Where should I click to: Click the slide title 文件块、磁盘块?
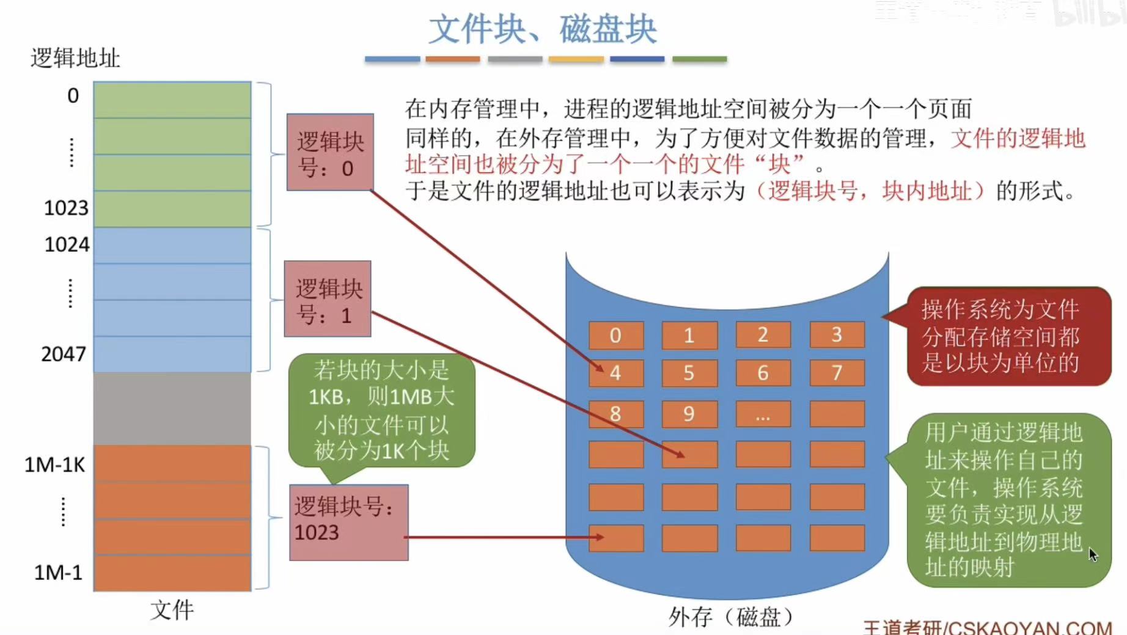(542, 29)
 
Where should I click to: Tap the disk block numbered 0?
(616, 335)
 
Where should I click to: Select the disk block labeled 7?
(837, 372)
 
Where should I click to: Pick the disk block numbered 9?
(689, 414)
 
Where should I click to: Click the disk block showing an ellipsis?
(763, 414)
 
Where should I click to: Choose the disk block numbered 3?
(837, 334)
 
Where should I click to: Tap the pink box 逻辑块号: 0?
(330, 152)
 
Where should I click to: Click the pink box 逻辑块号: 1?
(328, 299)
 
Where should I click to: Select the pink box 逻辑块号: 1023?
(348, 522)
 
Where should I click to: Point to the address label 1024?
(67, 244)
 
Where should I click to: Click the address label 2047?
(64, 354)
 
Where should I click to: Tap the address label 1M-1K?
(54, 465)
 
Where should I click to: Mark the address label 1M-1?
(58, 573)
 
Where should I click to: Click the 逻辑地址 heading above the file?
(75, 58)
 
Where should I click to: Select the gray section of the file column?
(172, 408)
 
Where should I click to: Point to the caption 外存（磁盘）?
(730, 617)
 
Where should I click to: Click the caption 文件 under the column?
(172, 610)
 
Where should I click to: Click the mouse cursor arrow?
(1093, 554)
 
